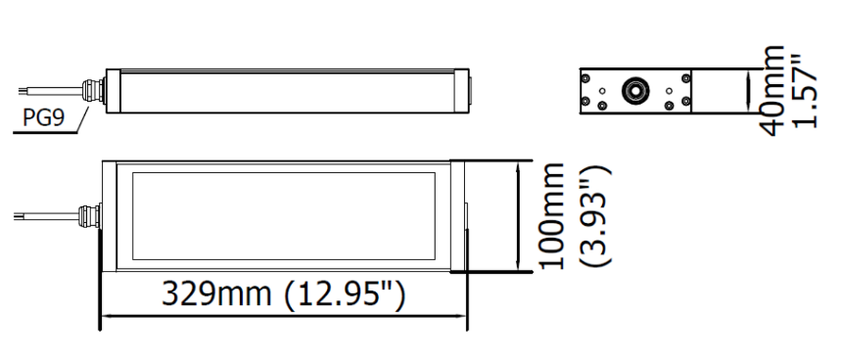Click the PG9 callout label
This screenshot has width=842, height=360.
(x=44, y=117)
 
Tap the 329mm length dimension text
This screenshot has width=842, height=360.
(x=217, y=294)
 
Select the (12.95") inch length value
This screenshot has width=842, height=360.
(x=345, y=295)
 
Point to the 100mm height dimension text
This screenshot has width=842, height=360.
(x=552, y=216)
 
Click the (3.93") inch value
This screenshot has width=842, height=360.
(x=596, y=217)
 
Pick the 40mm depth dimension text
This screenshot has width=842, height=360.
(x=772, y=91)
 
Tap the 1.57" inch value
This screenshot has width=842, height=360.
(x=806, y=91)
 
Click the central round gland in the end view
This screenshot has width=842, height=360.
(x=636, y=91)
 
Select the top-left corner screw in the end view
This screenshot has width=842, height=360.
(x=585, y=79)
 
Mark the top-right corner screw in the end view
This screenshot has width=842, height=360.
(x=686, y=79)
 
